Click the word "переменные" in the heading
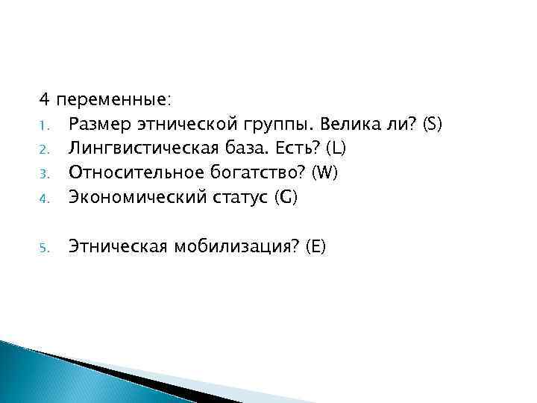click(123, 100)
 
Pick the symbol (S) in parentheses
click(433, 123)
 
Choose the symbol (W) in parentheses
click(325, 172)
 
